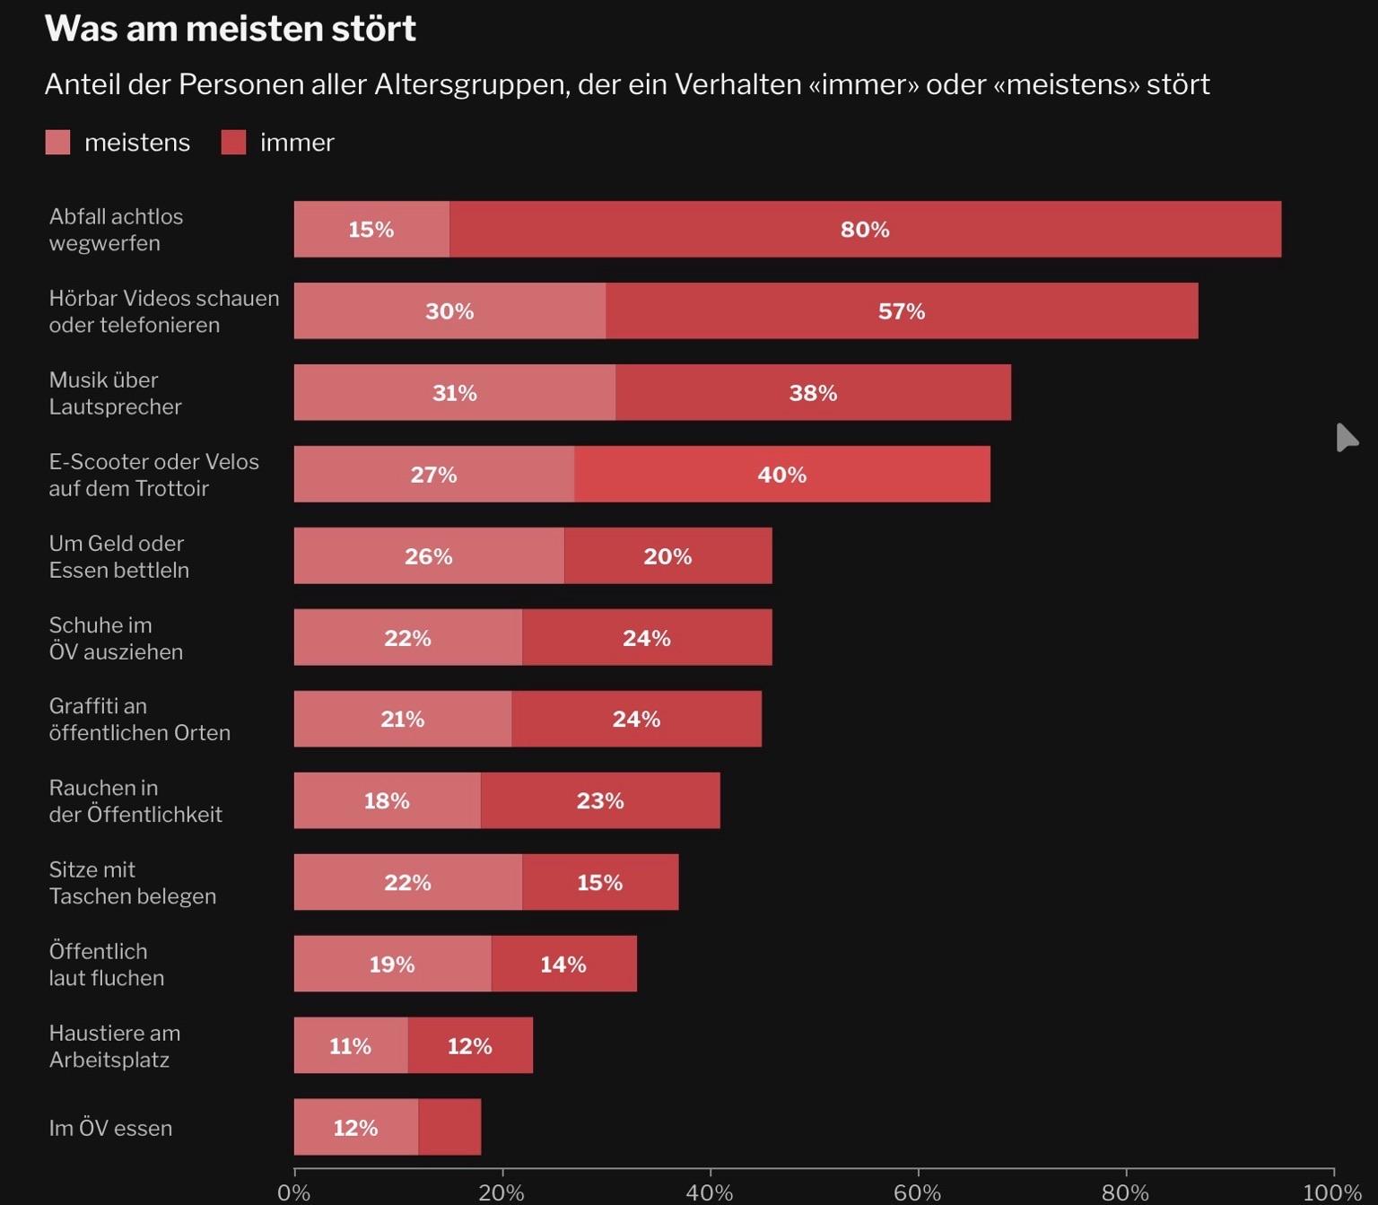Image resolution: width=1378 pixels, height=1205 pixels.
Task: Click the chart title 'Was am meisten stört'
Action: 230,29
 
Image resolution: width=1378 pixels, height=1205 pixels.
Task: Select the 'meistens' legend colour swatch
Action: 57,142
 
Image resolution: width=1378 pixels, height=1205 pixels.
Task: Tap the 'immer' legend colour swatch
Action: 233,142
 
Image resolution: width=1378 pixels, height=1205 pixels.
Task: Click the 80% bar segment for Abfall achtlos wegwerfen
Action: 865,230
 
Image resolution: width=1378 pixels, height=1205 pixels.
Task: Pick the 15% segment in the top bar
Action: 371,230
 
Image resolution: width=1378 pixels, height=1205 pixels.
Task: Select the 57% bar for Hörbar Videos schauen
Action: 902,311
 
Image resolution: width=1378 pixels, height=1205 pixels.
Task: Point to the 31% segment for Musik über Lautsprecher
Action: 454,393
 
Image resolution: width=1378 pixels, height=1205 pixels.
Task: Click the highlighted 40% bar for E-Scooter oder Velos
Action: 782,475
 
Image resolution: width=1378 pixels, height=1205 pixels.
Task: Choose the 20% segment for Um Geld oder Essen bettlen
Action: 667,556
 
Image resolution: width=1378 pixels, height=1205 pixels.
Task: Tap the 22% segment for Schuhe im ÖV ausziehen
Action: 407,638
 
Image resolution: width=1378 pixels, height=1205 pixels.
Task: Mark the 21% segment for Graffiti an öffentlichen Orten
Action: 402,719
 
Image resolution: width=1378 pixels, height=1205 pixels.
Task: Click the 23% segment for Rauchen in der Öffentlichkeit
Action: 599,800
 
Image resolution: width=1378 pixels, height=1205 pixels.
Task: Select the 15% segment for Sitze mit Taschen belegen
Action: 599,882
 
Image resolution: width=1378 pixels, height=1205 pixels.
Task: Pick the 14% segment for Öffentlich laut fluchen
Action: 563,964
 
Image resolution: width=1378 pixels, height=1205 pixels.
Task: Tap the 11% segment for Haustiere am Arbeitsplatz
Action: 350,1045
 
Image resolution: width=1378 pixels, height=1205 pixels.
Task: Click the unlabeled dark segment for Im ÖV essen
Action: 449,1127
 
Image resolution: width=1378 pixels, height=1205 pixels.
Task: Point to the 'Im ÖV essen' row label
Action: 110,1128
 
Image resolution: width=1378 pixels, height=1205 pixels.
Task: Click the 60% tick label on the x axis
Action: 917,1192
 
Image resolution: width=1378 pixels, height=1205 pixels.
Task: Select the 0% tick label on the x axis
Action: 293,1192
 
